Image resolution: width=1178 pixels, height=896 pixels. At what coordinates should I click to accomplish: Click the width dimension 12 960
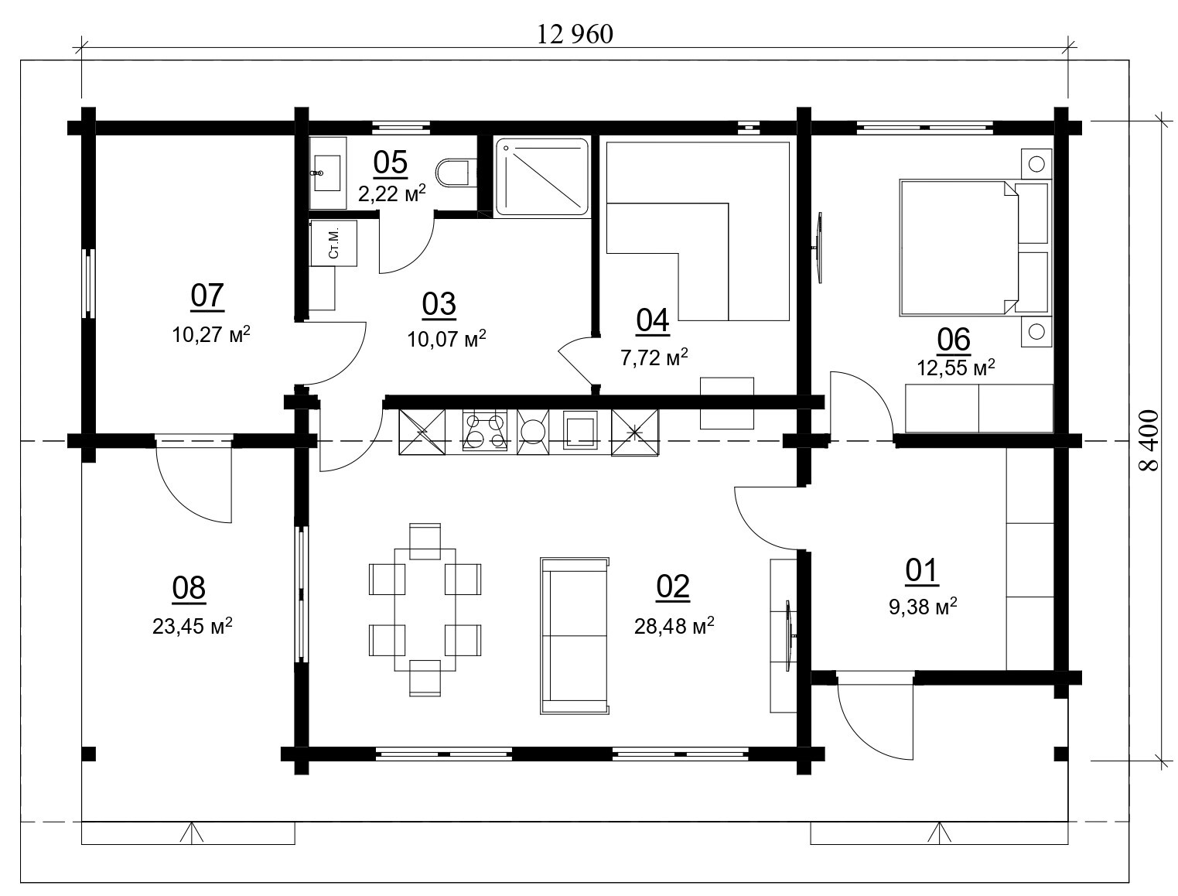click(x=574, y=34)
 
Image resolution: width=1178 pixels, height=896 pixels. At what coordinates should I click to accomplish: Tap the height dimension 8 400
click(x=1148, y=441)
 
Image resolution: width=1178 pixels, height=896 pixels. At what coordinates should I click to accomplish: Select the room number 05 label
click(x=390, y=162)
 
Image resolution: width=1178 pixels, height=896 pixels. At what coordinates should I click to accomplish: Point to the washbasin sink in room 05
click(x=327, y=173)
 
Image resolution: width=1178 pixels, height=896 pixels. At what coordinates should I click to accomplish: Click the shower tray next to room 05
click(x=541, y=176)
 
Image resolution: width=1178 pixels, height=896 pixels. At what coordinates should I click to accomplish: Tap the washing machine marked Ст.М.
click(x=333, y=243)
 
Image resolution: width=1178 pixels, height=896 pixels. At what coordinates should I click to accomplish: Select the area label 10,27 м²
click(x=211, y=335)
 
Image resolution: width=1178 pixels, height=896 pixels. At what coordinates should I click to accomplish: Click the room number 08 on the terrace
click(x=189, y=588)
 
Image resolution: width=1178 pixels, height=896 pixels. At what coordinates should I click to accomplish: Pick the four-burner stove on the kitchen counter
click(x=485, y=429)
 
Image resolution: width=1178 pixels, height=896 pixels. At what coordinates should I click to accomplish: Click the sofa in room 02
click(x=575, y=635)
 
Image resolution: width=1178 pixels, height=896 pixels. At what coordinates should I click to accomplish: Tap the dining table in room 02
click(x=425, y=610)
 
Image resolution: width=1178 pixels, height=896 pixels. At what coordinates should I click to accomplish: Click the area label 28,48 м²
click(x=674, y=626)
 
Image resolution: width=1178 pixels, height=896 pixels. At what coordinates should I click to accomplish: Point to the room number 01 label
click(x=921, y=570)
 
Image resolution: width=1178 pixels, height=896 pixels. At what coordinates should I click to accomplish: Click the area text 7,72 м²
click(x=654, y=357)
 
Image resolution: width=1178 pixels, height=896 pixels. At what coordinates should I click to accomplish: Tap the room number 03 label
click(x=439, y=304)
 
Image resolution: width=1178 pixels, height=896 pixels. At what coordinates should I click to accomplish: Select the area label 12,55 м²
click(x=956, y=368)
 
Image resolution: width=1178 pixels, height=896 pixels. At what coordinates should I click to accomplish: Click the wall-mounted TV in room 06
click(x=818, y=248)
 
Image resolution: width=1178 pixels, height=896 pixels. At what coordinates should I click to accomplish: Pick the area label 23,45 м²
click(x=192, y=626)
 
